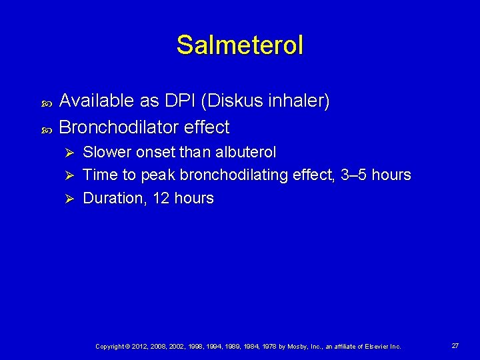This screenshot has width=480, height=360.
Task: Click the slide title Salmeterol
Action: coord(240,45)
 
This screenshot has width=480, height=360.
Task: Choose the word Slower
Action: coord(107,152)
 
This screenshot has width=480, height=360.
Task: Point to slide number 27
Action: coord(455,346)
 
